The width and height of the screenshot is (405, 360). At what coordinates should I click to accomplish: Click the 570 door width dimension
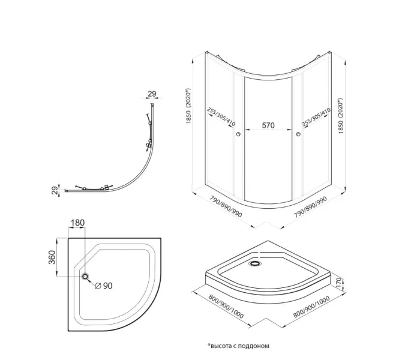point(268,125)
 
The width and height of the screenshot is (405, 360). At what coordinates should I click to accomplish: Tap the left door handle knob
point(239,134)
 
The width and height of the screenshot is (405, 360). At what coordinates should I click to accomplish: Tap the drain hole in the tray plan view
point(86,276)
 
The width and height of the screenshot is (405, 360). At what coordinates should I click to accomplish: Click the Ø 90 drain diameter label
point(104,286)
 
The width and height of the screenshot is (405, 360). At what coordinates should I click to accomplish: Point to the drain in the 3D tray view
point(257,261)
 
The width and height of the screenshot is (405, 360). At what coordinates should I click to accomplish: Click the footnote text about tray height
point(239,346)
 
